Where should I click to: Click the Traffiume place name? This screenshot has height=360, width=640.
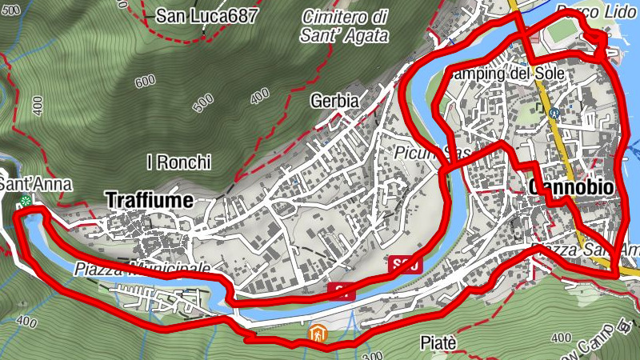click(149, 201)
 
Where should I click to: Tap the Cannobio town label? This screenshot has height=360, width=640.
click(571, 187)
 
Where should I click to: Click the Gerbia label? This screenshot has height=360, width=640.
click(334, 101)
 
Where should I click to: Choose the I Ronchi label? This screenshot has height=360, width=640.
click(178, 162)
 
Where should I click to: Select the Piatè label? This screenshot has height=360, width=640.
click(438, 343)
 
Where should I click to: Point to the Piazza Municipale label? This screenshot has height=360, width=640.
click(144, 267)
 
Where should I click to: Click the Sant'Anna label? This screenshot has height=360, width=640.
click(35, 185)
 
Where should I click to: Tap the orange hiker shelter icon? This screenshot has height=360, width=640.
click(318, 334)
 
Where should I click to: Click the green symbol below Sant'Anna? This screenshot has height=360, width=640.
click(26, 202)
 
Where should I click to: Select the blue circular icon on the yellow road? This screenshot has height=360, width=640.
click(553, 114)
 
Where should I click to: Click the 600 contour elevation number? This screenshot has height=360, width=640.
click(145, 82)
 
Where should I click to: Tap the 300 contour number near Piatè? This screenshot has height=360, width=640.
click(370, 354)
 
